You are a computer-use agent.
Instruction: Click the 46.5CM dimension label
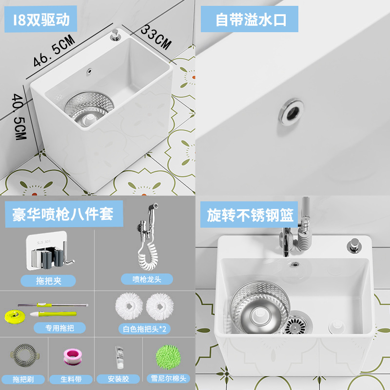point(54,51)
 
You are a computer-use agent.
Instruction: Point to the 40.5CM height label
point(19,117)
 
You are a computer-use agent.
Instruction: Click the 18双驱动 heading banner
point(40,19)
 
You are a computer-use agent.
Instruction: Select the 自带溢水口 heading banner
point(250,19)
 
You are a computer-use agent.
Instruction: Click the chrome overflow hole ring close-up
point(291,112)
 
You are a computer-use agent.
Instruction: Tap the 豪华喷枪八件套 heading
point(64,214)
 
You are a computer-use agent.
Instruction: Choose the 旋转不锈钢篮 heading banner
point(249,214)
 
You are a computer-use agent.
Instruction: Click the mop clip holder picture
point(50,251)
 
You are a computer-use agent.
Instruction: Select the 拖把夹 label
point(48,281)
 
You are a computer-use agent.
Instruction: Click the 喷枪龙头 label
point(147,279)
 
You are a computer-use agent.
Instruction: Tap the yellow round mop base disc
point(15,316)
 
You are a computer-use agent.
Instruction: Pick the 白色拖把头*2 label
point(144,329)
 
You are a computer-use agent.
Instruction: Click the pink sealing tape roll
point(73,357)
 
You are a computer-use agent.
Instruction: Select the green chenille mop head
point(168,357)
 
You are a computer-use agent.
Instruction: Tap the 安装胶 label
point(118,379)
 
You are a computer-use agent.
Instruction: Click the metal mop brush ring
point(25,355)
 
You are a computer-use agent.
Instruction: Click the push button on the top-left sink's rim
point(116,35)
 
